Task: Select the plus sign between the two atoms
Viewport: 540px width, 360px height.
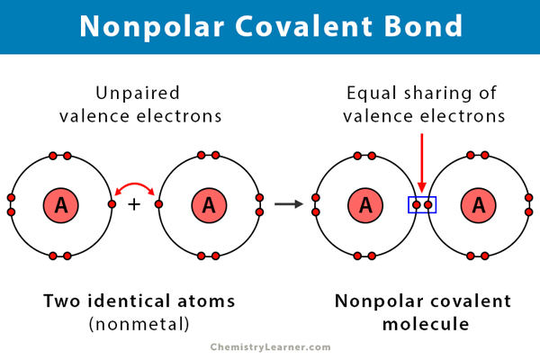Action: [135, 205]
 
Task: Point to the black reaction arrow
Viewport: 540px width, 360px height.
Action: [289, 205]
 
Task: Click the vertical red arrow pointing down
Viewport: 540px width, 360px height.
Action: [422, 162]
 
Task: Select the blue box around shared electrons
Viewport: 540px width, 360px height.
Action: [422, 205]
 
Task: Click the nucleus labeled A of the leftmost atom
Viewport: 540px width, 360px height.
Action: [61, 205]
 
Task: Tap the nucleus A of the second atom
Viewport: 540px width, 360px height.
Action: [209, 205]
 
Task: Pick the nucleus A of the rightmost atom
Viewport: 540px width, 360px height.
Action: [478, 205]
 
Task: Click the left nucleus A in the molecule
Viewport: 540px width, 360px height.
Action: [365, 205]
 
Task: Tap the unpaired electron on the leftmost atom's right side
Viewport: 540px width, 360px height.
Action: [112, 205]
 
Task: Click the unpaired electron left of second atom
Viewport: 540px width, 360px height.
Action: [158, 205]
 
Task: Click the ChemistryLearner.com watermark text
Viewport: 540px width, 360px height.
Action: [270, 346]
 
